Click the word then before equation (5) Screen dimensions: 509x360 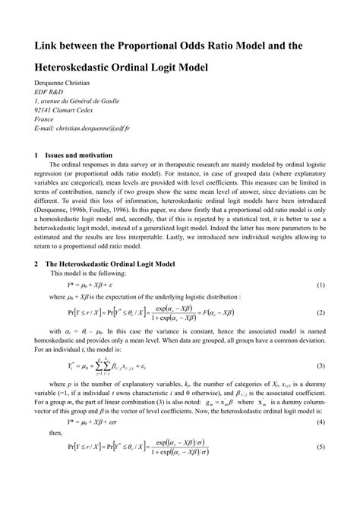point(56,453)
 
